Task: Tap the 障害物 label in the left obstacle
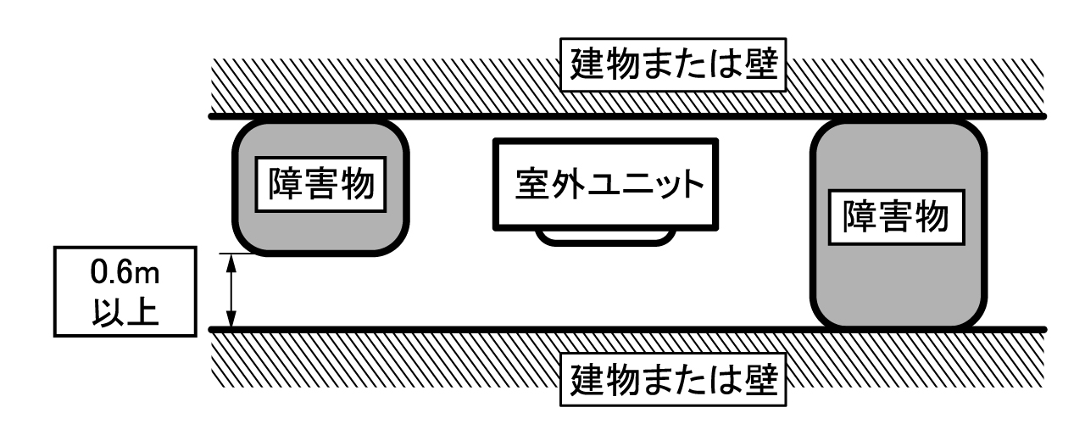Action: click(321, 182)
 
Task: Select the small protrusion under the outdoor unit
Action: click(606, 237)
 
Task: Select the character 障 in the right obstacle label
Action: click(860, 221)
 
